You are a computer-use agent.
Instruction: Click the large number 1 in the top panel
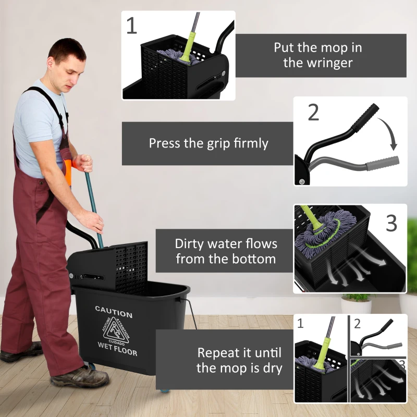[132, 26]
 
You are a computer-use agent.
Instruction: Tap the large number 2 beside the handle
[313, 112]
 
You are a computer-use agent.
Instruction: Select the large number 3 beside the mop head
[391, 223]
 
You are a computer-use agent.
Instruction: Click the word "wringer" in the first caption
[318, 63]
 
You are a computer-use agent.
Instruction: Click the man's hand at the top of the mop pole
[84, 163]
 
